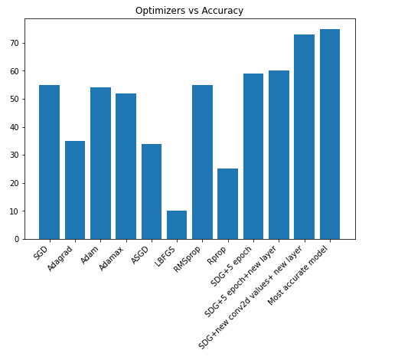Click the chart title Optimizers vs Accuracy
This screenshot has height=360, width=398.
[x=189, y=11]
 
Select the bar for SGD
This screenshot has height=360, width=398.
[x=50, y=162]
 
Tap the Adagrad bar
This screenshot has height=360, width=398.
[x=75, y=190]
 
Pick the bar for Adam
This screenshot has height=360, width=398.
[x=100, y=163]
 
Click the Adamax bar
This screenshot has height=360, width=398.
[x=126, y=166]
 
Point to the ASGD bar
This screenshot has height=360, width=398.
[x=152, y=191]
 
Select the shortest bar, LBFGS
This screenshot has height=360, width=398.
[x=177, y=225]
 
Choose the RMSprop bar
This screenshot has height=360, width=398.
[x=202, y=162]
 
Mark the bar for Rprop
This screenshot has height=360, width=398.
[x=228, y=204]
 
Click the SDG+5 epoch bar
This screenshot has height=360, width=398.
[x=253, y=156]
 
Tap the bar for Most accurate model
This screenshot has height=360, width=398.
[x=330, y=134]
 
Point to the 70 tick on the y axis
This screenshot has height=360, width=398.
[x=15, y=43]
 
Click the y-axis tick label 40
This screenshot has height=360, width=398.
[x=15, y=127]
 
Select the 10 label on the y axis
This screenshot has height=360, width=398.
[x=15, y=211]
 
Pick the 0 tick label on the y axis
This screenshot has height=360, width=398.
[x=17, y=239]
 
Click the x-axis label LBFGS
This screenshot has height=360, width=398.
[x=165, y=256]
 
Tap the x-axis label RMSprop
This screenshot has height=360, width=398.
[x=187, y=259]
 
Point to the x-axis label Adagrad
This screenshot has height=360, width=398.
[x=60, y=258]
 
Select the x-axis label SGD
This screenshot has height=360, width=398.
[x=41, y=253]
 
